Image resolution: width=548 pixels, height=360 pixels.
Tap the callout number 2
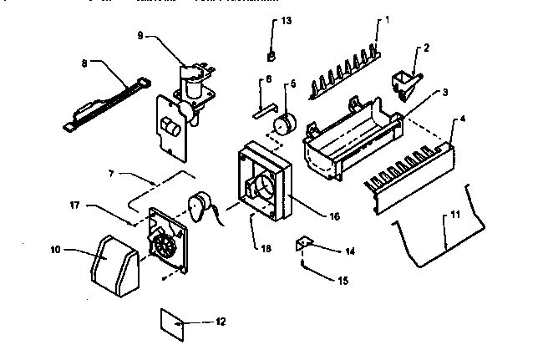426,48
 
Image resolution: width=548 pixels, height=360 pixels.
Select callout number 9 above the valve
141,35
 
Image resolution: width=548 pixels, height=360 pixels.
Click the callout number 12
220,322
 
